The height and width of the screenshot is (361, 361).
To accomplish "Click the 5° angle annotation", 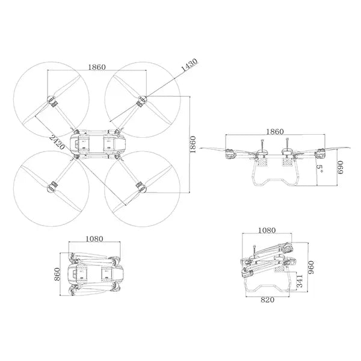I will point(321,171).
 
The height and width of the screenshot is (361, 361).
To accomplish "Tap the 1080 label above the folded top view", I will point(94,238).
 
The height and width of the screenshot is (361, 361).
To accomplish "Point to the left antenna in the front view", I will point(263,146).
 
